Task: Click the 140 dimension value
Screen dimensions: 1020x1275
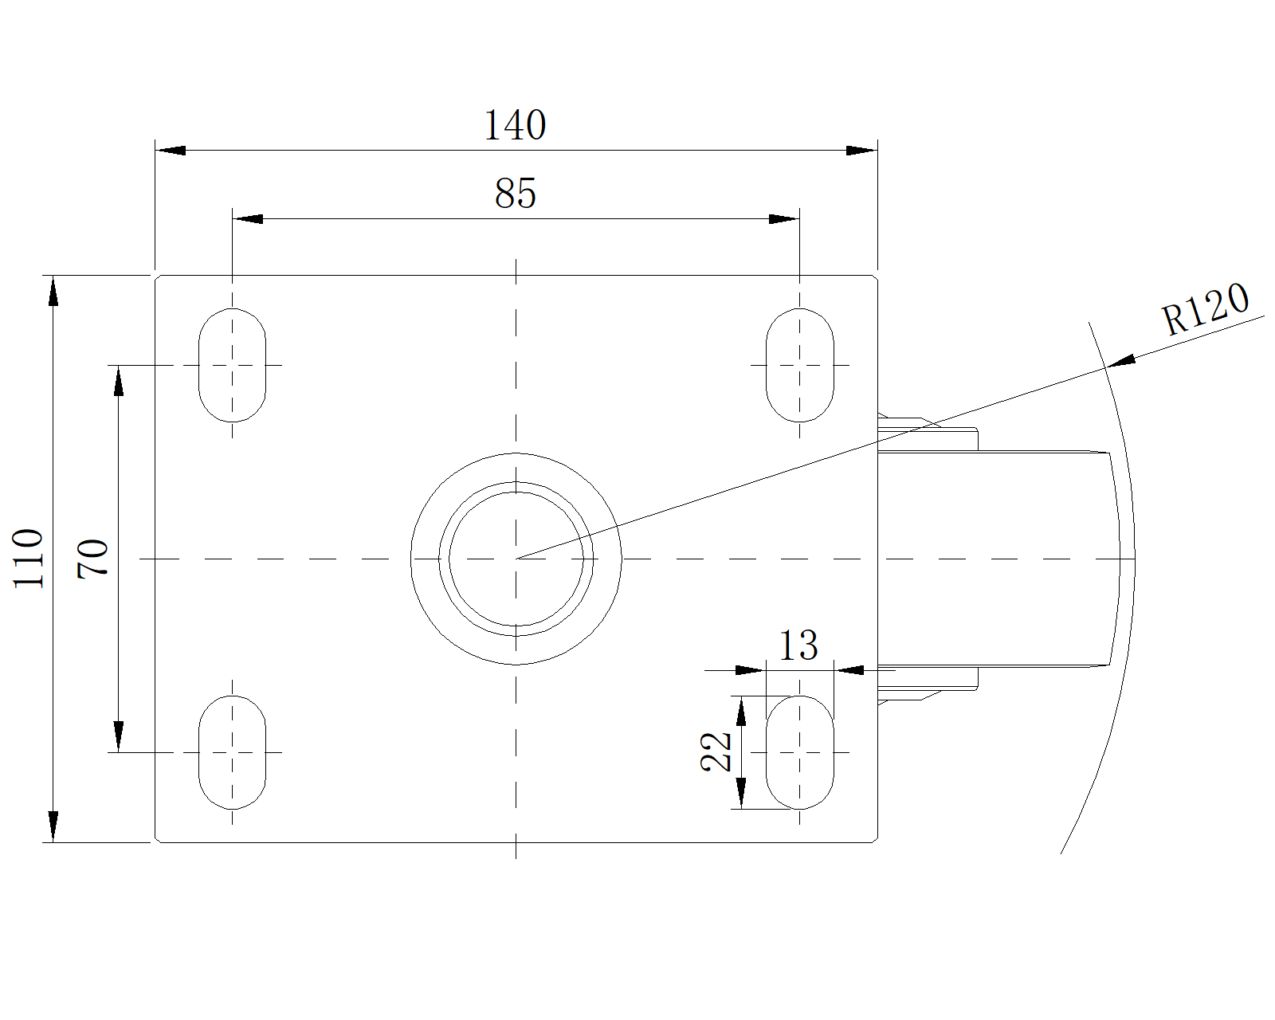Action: tap(515, 125)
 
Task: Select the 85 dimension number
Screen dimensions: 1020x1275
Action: tap(515, 194)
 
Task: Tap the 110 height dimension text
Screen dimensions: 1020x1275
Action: tap(29, 558)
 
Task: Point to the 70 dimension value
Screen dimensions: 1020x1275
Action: tap(93, 558)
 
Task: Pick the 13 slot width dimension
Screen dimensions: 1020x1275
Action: tap(798, 645)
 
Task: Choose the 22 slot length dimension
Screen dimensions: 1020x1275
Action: tap(716, 751)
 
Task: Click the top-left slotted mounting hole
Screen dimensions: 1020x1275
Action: tap(232, 365)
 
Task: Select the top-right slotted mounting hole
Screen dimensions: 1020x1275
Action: tap(799, 365)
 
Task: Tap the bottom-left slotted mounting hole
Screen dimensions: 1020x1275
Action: tap(232, 751)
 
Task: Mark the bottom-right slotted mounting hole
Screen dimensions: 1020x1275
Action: tap(799, 751)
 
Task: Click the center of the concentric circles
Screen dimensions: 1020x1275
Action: tap(516, 559)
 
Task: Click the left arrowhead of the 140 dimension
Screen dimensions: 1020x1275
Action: tap(170, 150)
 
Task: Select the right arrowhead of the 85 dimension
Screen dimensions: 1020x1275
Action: tap(784, 218)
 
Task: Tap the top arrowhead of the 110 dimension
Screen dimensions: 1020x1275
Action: tap(53, 290)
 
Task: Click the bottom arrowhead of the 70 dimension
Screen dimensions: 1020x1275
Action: tap(119, 737)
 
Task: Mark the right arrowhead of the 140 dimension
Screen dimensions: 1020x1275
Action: tap(861, 150)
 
